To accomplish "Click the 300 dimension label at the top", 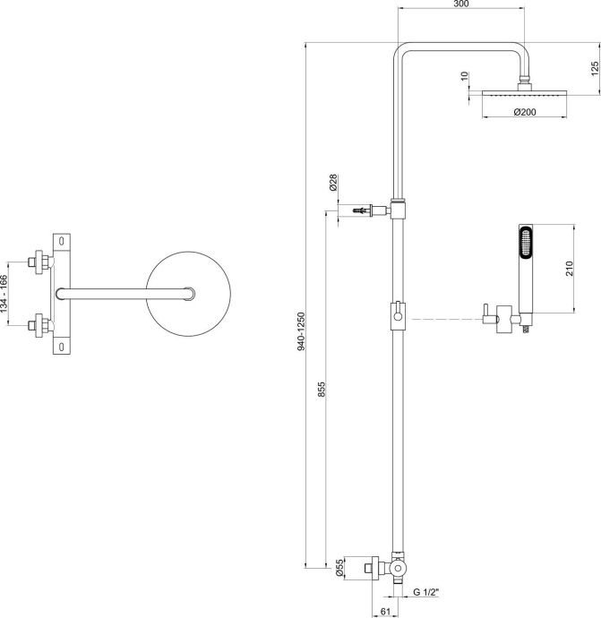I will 460,5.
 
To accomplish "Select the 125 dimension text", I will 595,68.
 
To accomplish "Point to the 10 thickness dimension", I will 464,78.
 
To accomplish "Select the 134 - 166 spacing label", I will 7,294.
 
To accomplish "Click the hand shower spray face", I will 525,244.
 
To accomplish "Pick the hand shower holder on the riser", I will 397,314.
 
